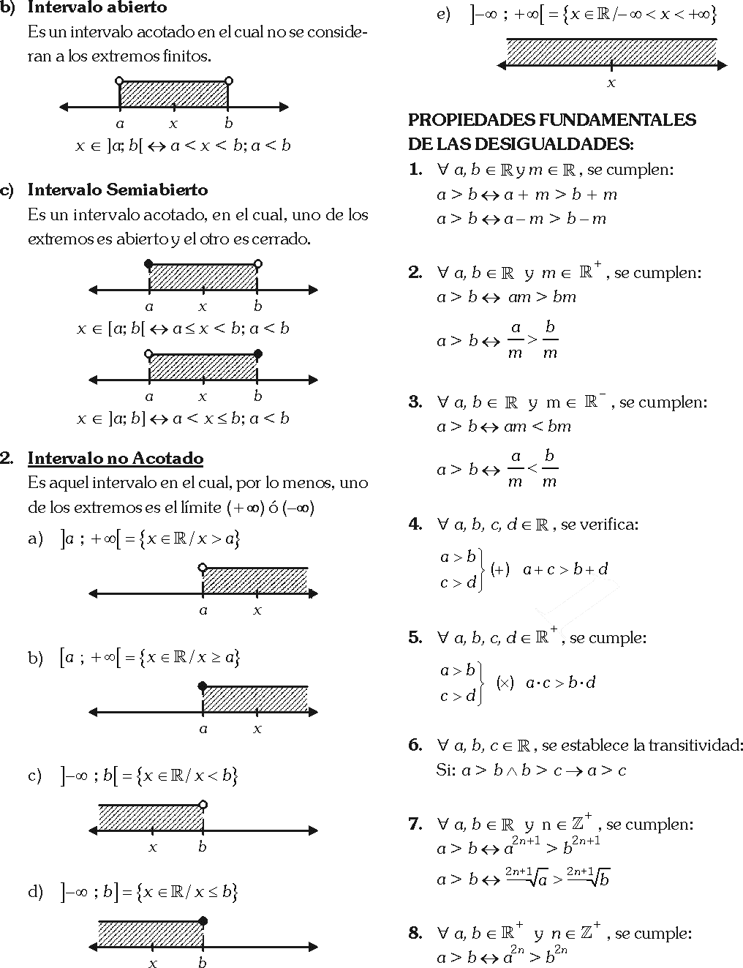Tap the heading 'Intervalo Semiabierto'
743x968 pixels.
coord(117,190)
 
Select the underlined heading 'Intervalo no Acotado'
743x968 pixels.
coord(116,459)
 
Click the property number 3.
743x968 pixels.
coord(415,402)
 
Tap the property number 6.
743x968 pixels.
coord(415,746)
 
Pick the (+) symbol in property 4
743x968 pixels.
coord(500,569)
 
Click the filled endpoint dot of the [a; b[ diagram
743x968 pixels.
coord(149,264)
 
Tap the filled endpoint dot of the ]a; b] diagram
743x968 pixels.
coord(257,354)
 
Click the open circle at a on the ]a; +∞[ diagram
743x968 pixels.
coord(203,567)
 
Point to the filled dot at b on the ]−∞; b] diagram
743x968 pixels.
coord(203,920)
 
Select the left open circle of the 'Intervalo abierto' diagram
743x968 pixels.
coord(120,81)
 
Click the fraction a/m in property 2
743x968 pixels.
coord(516,340)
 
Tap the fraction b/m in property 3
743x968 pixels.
coord(550,469)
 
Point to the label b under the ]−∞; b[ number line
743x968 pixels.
coord(203,847)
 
